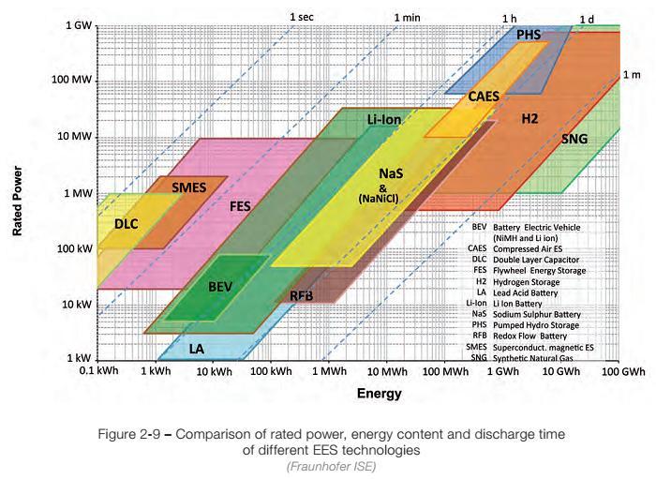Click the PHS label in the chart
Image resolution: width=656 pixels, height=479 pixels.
point(529,35)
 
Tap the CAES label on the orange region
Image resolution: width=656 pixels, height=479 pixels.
point(485,96)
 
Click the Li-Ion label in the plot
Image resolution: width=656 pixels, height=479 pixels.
point(384,120)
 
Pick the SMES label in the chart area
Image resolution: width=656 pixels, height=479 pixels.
point(188,187)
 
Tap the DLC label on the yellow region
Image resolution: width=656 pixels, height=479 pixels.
point(126,224)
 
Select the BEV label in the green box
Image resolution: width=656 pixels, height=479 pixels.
point(219,285)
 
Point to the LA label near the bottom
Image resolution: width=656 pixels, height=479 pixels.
point(196,349)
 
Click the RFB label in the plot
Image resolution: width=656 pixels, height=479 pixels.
point(301,296)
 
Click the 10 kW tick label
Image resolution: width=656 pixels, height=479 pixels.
point(74,305)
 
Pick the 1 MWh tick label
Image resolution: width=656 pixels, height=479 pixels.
point(329,373)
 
